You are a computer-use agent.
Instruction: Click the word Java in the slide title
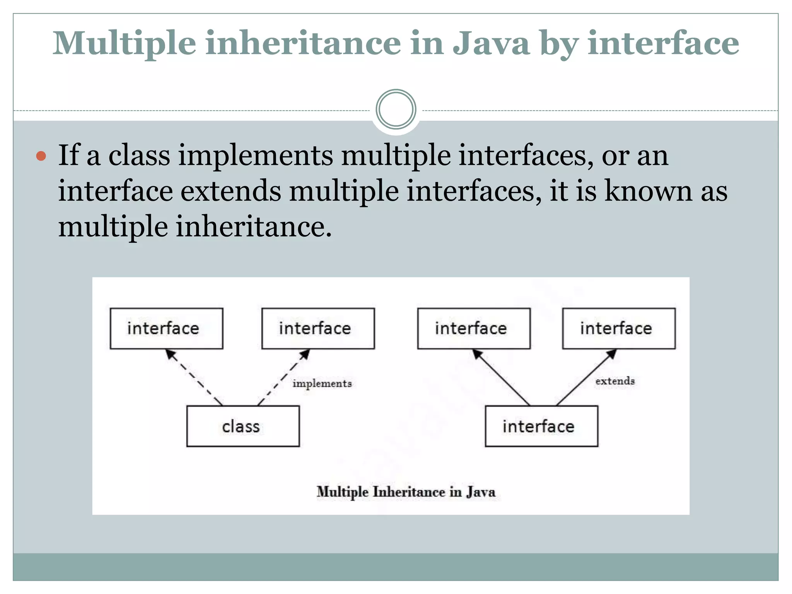[x=491, y=43]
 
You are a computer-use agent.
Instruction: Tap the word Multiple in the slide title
[x=124, y=43]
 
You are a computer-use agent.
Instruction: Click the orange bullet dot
[x=41, y=156]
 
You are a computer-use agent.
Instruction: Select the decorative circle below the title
[x=396, y=109]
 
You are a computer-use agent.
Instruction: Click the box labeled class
[x=243, y=426]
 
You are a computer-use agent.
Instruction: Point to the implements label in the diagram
[x=322, y=383]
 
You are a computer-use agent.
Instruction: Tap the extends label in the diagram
[x=615, y=381]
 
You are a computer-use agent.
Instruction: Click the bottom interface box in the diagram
[x=541, y=426]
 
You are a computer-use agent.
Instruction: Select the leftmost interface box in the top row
[x=166, y=328]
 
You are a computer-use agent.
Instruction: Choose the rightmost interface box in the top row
[x=619, y=328]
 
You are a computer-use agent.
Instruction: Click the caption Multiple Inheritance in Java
[x=406, y=492]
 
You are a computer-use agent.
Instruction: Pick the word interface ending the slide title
[x=663, y=43]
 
